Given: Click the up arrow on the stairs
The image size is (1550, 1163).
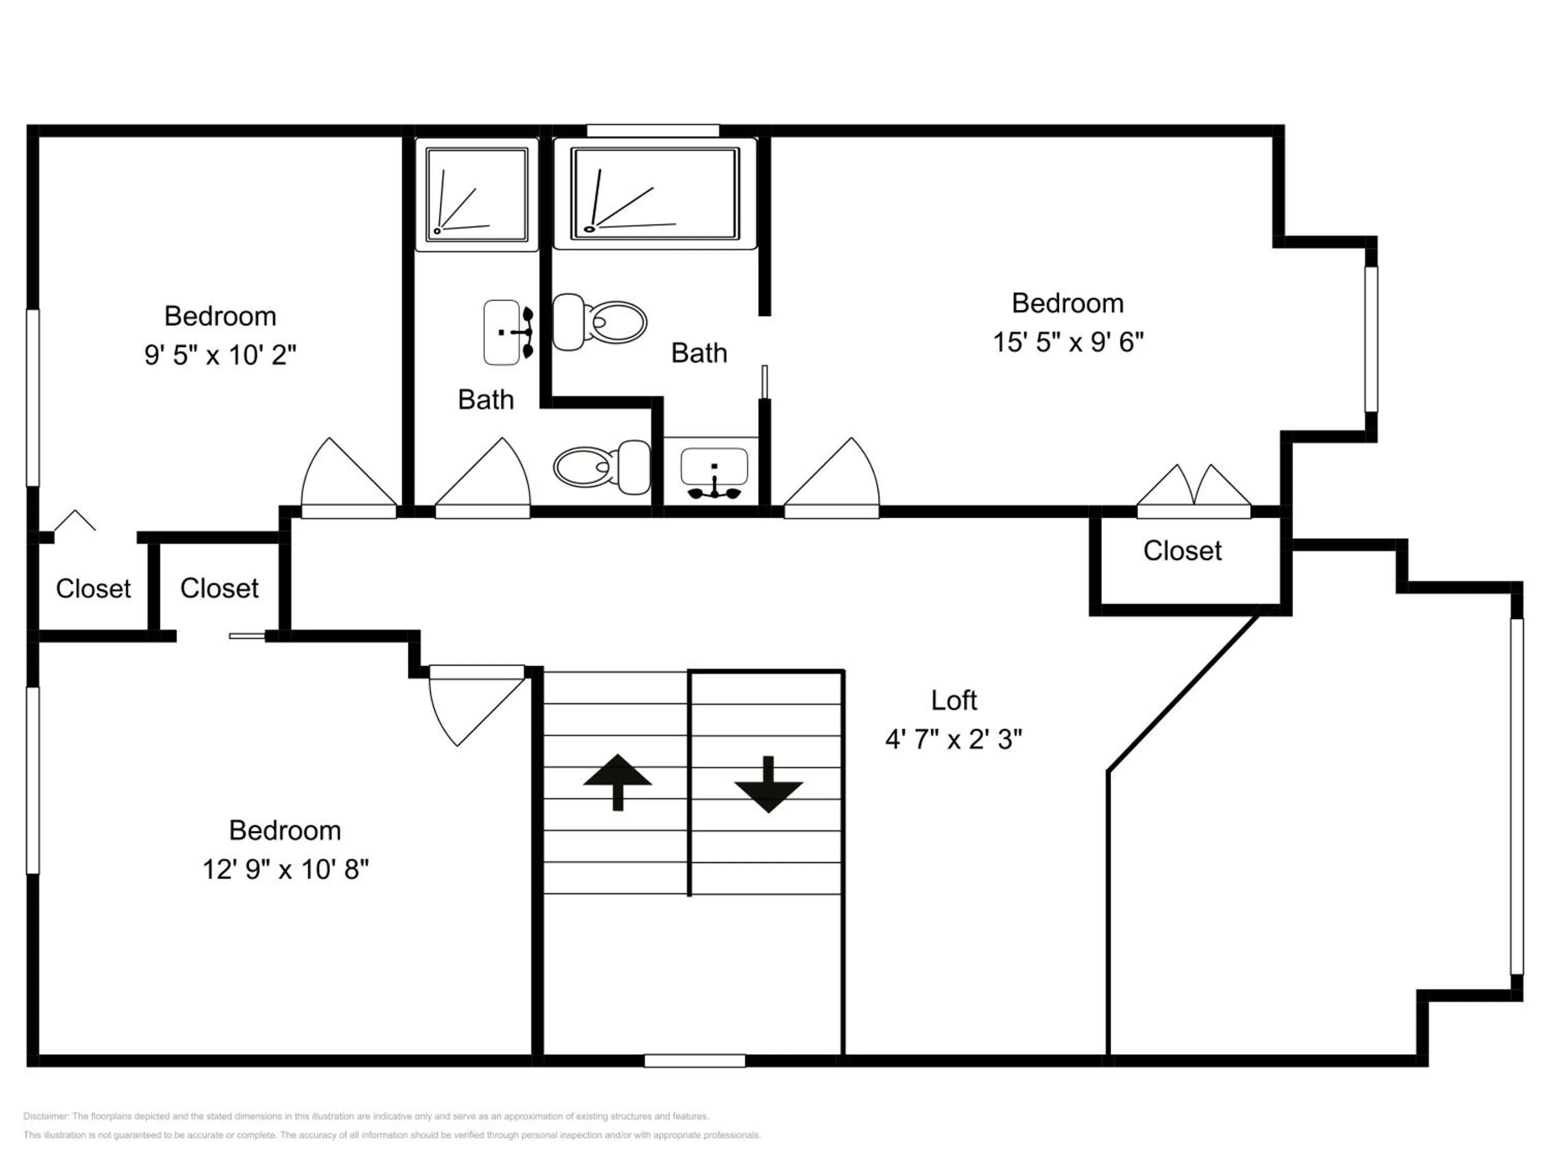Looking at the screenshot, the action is pos(617,782).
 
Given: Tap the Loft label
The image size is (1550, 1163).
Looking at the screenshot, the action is pos(954,700).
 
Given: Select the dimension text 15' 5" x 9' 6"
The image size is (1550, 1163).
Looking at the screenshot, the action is pos(1068,342).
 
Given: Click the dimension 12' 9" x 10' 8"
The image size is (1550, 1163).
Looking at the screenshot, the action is pos(285,869).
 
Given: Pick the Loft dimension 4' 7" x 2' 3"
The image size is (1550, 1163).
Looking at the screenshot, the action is pos(954,739).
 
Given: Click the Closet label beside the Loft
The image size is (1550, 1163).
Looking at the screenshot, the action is pos(1182,551).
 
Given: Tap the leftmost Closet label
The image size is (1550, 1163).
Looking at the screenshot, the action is pos(93,589).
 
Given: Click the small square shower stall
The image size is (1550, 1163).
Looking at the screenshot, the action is pos(476,194).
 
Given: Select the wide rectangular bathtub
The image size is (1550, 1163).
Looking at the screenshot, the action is pos(655,193).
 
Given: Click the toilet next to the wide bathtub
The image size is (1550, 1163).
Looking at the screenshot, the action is pos(600,322).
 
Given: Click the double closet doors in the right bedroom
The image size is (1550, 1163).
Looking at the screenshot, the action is pos(1194,491).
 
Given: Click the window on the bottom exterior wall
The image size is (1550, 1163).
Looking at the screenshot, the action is pos(694,1061).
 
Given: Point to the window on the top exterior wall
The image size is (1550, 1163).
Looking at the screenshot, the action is pos(653,130).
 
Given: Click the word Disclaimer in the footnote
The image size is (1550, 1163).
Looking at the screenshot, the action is pos(45,1116).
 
